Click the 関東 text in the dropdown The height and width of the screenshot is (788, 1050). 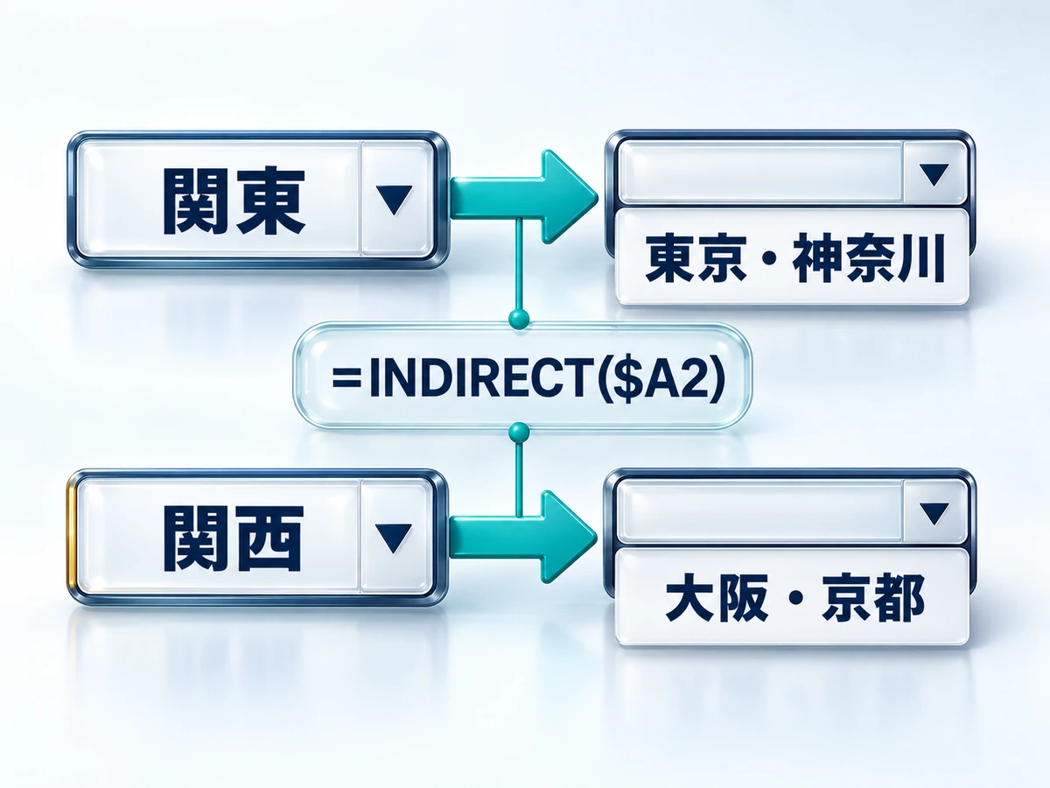pyautogui.click(x=234, y=201)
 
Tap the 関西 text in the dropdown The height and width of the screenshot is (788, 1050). pyautogui.click(x=234, y=538)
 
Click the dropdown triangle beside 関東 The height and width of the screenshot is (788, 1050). pyautogui.click(x=394, y=200)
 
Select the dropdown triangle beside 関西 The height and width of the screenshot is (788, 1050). pyautogui.click(x=393, y=538)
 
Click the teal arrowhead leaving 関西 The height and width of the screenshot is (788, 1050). pyautogui.click(x=568, y=537)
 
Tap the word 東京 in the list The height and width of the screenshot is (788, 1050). pyautogui.click(x=696, y=258)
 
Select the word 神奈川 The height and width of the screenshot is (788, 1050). pyautogui.click(x=869, y=258)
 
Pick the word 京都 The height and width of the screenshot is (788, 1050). pyautogui.click(x=873, y=599)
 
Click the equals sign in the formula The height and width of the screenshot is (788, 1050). pyautogui.click(x=346, y=378)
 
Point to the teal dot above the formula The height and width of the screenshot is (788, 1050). pyautogui.click(x=519, y=318)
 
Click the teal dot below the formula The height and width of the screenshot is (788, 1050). pyautogui.click(x=519, y=433)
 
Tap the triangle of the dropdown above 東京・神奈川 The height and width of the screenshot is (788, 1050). pyautogui.click(x=934, y=174)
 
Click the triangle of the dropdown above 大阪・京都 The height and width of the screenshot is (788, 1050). pyautogui.click(x=934, y=514)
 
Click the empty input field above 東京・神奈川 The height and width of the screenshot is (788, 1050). pyautogui.click(x=760, y=172)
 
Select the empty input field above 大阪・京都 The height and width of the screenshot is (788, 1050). pyautogui.click(x=759, y=511)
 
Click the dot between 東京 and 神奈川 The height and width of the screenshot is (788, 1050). pyautogui.click(x=769, y=259)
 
